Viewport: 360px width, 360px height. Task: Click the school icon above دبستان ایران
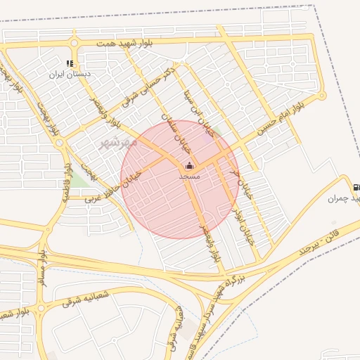point(70,63)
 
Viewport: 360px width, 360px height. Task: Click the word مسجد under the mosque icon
point(189,176)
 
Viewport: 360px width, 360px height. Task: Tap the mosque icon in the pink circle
point(189,166)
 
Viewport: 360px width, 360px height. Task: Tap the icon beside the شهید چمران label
point(356,188)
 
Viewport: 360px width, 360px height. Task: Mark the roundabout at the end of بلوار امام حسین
point(321,96)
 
